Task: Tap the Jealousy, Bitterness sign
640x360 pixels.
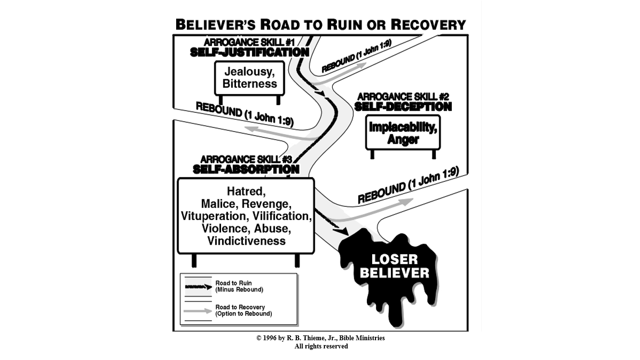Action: (250, 78)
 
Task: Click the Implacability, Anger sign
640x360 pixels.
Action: (403, 133)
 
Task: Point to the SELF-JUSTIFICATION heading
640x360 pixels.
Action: (250, 52)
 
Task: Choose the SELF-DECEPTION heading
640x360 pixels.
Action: (403, 107)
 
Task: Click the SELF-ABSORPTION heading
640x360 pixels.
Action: (246, 169)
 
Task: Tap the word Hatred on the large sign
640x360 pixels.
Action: (246, 191)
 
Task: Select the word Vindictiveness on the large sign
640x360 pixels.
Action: (246, 241)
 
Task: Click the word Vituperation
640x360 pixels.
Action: (213, 216)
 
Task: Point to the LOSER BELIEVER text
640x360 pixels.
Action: (394, 266)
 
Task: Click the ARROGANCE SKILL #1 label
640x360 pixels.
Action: (250, 42)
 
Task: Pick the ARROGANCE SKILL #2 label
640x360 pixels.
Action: (403, 97)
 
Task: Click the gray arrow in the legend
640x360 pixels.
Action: (198, 311)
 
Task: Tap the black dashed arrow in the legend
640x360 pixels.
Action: (198, 287)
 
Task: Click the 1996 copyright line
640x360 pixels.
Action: (320, 338)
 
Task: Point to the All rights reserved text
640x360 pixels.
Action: (321, 346)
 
